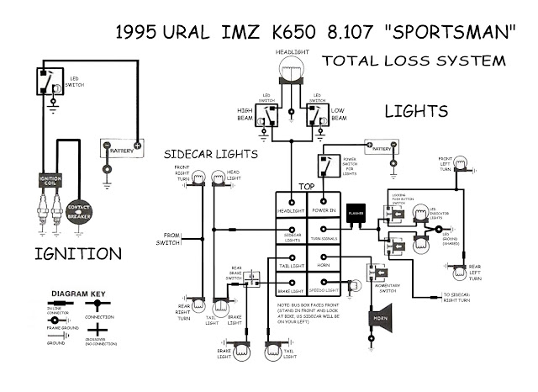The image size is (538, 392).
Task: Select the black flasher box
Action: (x=355, y=214)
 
